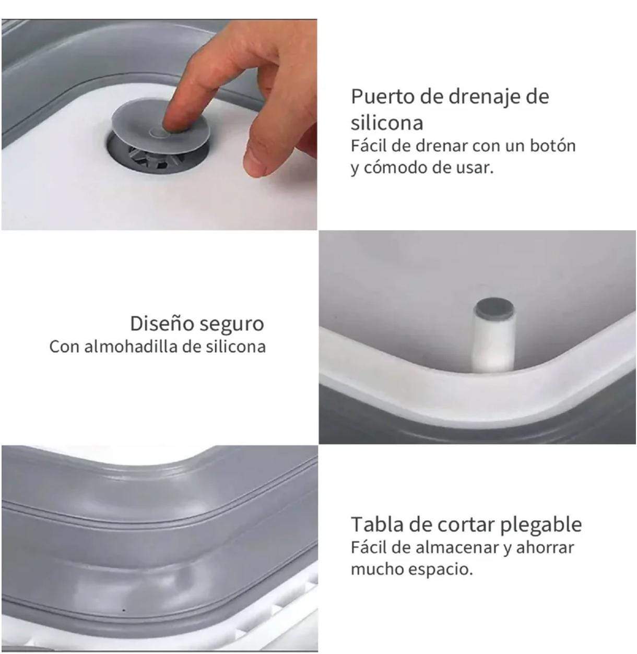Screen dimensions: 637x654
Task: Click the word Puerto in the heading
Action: tap(383, 97)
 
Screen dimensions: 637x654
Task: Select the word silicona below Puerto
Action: tap(387, 123)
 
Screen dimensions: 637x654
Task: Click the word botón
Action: tap(552, 146)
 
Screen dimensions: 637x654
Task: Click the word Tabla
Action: tap(372, 524)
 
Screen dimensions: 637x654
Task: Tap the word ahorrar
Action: tap(545, 548)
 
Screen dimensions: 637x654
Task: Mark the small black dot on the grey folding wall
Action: tap(124, 610)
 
